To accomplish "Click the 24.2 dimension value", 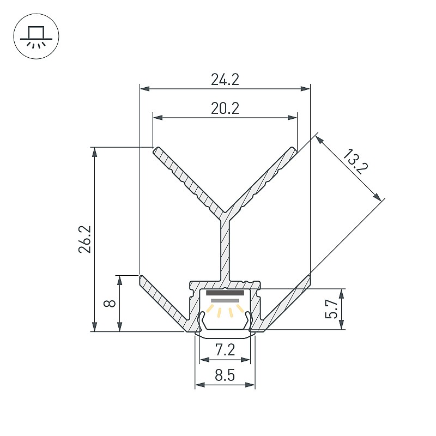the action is [x=225, y=80].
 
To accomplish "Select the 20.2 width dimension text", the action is [x=225, y=108].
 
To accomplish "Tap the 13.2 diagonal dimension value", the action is [x=355, y=161].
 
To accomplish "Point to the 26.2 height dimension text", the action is [x=85, y=239].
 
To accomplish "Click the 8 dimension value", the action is [x=110, y=303].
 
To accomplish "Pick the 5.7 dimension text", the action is [x=331, y=308].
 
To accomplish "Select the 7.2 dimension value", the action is [x=225, y=349].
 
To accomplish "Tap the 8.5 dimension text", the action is [x=225, y=375].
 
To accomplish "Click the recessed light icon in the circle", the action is [x=36, y=37].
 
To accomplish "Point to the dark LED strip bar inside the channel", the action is [x=225, y=293].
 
